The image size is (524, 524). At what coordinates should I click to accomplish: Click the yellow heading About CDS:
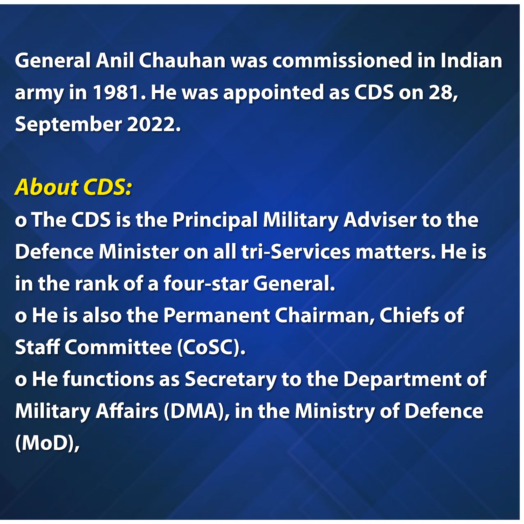point(73,187)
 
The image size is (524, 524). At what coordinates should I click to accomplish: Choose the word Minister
point(139,252)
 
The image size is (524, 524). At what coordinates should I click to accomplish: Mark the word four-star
point(206,283)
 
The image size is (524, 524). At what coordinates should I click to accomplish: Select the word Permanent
point(217,315)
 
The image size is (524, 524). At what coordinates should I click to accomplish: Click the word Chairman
point(325,316)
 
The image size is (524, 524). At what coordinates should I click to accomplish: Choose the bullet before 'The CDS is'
point(21,221)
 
